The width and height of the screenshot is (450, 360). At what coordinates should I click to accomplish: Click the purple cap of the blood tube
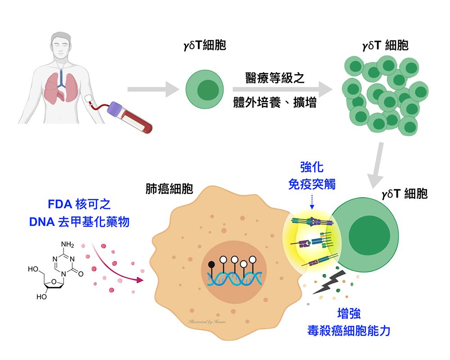click(117, 109)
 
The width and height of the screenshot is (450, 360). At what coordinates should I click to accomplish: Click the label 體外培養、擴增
click(274, 103)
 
